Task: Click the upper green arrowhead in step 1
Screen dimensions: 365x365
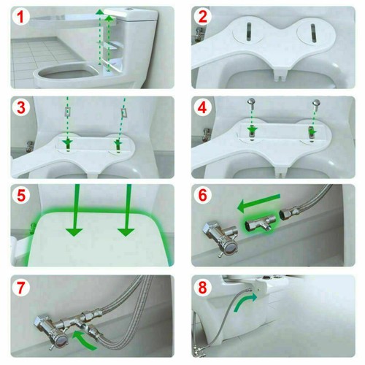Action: coord(109,13)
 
